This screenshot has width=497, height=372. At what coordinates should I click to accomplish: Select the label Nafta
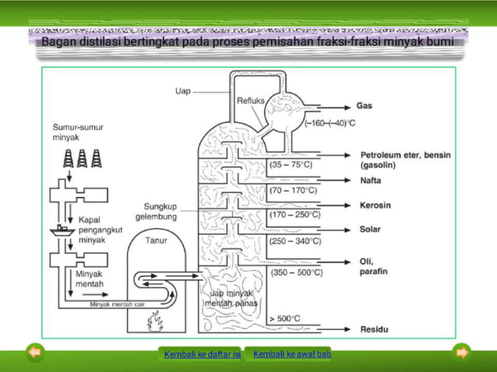[x=371, y=181]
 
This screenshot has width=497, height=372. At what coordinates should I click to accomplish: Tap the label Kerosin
[x=375, y=205]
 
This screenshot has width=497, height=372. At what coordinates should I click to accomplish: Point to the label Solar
[x=370, y=230]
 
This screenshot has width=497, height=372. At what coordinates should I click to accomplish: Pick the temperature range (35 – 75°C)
[x=291, y=165]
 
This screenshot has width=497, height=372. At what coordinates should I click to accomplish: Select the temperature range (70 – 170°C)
[x=293, y=189]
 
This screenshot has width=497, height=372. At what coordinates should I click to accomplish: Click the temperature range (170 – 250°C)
[x=294, y=213]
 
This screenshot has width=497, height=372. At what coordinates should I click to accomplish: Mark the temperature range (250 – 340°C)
[x=294, y=241]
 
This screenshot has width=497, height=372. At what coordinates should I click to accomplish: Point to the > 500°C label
[x=284, y=319]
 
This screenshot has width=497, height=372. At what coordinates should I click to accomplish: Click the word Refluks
[x=250, y=100]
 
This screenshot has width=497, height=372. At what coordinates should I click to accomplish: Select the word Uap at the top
[x=182, y=91]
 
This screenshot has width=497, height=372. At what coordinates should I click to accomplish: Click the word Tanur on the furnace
[x=156, y=240]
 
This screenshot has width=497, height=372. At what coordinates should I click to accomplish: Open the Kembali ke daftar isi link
[x=203, y=355]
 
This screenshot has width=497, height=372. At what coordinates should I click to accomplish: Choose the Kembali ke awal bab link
[x=292, y=355]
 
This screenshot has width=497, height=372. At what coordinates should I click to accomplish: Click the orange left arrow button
[x=34, y=353]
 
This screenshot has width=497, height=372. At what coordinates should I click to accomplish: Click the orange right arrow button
[x=463, y=353]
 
